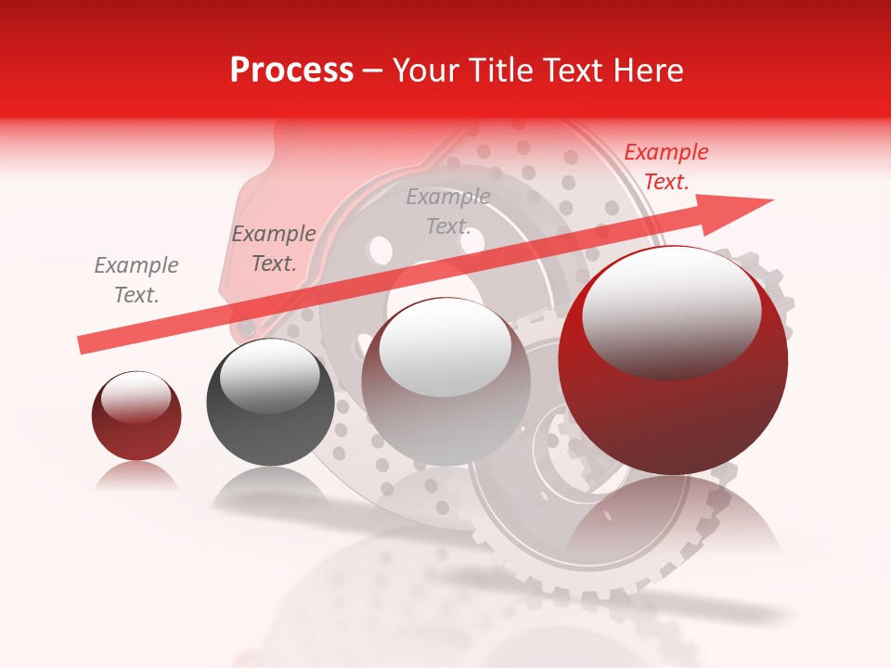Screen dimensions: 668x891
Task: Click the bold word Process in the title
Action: click(x=291, y=71)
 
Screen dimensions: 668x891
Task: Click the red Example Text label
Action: click(x=665, y=167)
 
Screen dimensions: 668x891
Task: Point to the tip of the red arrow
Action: click(x=770, y=200)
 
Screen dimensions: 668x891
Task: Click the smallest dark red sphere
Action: click(x=136, y=416)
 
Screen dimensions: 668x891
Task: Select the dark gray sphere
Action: click(x=270, y=402)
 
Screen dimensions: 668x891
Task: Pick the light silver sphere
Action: click(x=445, y=381)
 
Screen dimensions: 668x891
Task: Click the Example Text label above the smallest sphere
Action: click(x=136, y=280)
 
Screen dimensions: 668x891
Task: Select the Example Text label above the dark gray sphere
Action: click(x=273, y=249)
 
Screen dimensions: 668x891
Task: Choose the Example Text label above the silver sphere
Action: click(x=447, y=212)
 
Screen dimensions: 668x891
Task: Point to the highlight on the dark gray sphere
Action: click(x=269, y=376)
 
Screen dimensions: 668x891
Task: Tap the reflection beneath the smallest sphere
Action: click(x=136, y=476)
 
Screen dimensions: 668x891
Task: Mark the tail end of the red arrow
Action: click(x=84, y=344)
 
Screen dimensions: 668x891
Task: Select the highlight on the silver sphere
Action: click(x=445, y=347)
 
